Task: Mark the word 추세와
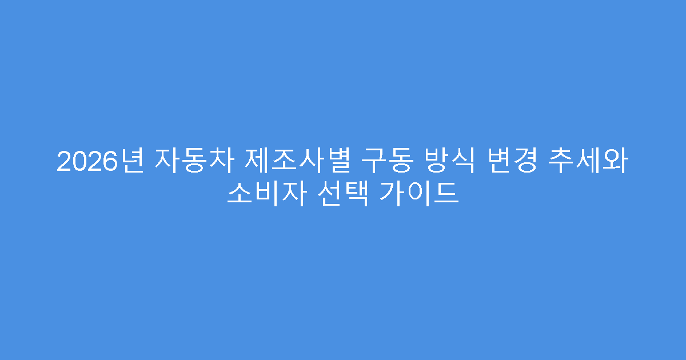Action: [593, 162]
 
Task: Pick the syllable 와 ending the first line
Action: [619, 162]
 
